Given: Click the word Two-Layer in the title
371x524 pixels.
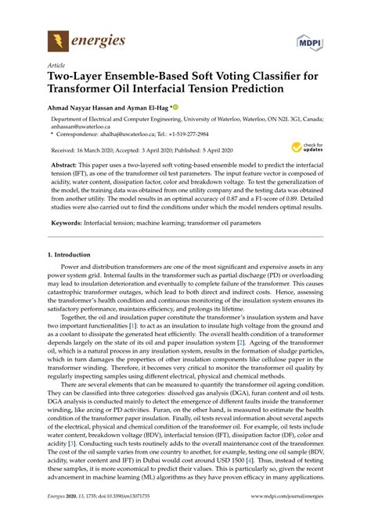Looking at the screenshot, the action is pos(77,79).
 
